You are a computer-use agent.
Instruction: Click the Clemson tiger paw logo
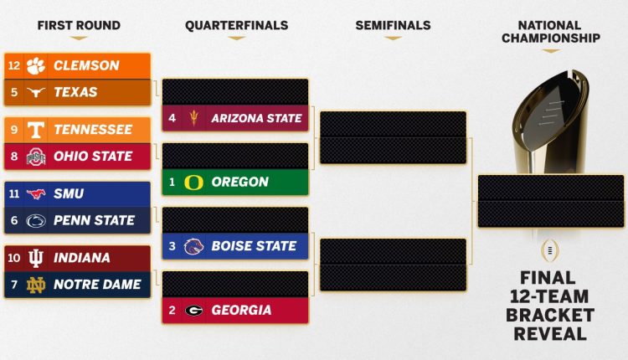click(35, 65)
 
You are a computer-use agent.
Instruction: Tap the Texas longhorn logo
click(35, 92)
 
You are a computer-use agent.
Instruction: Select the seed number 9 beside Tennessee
click(13, 130)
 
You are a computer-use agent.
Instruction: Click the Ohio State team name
click(93, 157)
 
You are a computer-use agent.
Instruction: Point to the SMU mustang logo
click(35, 194)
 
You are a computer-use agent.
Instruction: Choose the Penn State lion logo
click(35, 221)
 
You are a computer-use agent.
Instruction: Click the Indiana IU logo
click(35, 258)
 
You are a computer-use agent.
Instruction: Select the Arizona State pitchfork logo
click(193, 118)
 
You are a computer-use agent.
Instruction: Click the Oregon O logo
click(193, 182)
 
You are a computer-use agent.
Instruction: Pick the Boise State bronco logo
click(193, 246)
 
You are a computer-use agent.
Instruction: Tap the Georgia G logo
click(193, 310)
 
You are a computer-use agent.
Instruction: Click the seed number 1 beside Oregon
click(172, 182)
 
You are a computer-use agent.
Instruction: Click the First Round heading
click(79, 26)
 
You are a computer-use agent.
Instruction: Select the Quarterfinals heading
click(236, 26)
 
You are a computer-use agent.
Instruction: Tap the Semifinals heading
click(394, 26)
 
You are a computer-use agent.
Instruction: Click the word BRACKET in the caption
click(549, 316)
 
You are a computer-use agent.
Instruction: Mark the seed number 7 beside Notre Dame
click(13, 285)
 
